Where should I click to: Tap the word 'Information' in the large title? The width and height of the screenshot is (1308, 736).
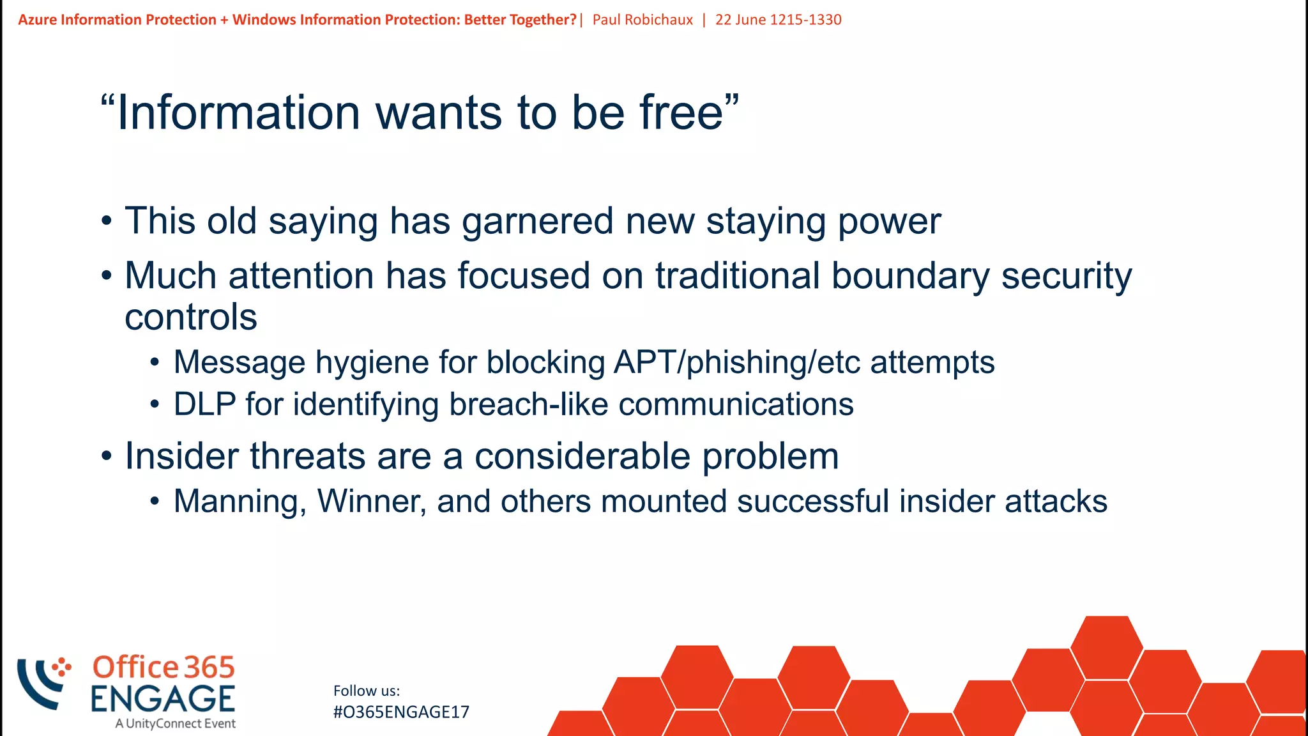[239, 112]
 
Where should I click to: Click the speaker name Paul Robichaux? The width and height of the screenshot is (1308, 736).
[643, 20]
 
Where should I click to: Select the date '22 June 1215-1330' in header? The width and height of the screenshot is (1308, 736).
[778, 20]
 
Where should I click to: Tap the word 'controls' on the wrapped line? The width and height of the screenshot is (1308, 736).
[190, 317]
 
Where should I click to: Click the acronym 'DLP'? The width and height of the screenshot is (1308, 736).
[204, 404]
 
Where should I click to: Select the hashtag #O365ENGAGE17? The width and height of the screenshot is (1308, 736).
[401, 712]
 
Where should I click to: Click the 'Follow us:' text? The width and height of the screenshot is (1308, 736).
[366, 691]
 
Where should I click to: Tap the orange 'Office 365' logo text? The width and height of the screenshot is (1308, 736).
[163, 667]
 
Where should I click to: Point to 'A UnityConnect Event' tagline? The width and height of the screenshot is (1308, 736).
[175, 723]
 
